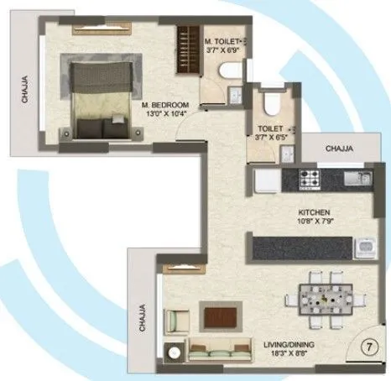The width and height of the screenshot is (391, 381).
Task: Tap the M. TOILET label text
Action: pyautogui.click(x=222, y=39)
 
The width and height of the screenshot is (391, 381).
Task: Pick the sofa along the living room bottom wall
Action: pyautogui.click(x=216, y=348)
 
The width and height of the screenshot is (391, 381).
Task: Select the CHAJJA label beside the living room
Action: pyautogui.click(x=143, y=317)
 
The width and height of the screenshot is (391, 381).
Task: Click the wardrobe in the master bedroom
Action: pyautogui.click(x=186, y=50)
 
